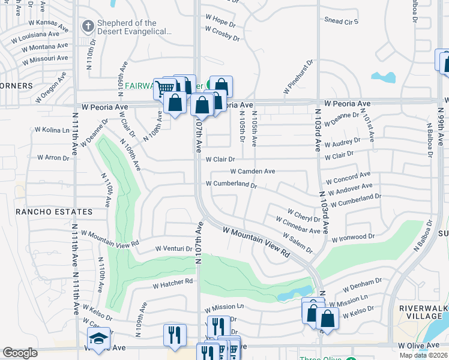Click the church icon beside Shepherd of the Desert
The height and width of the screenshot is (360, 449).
click(x=88, y=26)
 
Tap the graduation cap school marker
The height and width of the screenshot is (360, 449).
click(x=98, y=338)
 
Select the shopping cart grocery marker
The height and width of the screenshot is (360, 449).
click(x=164, y=88)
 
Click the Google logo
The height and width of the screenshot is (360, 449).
click(x=20, y=353)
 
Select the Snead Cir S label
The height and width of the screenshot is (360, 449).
click(x=341, y=21)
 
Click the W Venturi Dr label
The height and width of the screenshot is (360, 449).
click(x=173, y=248)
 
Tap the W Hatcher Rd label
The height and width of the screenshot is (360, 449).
click(x=172, y=281)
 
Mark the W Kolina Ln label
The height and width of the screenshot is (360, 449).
click(x=52, y=130)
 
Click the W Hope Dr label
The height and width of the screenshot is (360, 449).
click(x=219, y=19)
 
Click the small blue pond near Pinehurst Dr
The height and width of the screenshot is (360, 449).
click(x=384, y=77)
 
